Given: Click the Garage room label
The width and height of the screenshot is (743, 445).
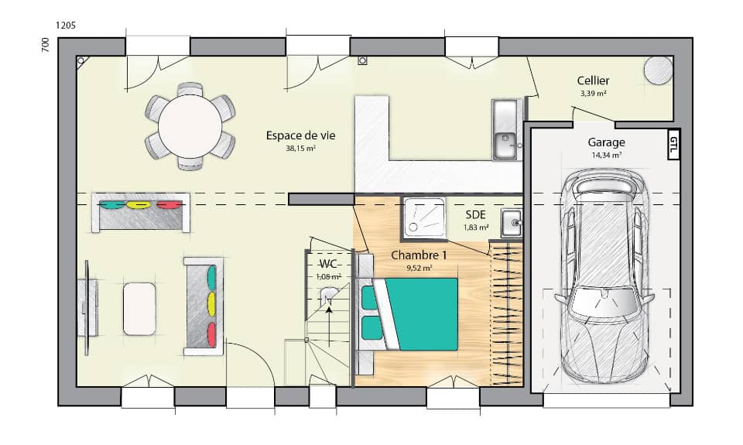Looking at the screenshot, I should point(606,142).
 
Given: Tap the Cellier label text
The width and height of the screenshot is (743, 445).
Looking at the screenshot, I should point(593,80).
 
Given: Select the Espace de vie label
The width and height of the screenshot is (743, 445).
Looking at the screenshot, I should point(300,135).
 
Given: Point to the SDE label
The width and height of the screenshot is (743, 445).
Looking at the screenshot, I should point(476,215).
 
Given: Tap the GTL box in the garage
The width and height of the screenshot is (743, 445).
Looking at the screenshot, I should point(673,145).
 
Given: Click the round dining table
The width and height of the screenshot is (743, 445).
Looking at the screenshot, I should point(190,125).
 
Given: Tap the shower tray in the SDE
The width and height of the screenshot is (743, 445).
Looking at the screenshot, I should point(423,216).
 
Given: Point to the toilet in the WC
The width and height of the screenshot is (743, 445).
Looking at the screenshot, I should point(329,295).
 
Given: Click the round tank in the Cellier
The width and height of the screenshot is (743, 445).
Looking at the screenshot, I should point(659,71).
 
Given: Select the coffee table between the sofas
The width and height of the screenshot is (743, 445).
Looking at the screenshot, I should point(140,308).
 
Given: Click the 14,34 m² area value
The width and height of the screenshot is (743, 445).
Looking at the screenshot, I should point(606,155).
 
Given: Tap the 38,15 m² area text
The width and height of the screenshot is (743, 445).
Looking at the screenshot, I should point(300,148).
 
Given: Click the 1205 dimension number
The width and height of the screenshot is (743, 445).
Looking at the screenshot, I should point(66,26).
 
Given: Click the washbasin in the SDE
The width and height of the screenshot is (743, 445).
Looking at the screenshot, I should point(512,223).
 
